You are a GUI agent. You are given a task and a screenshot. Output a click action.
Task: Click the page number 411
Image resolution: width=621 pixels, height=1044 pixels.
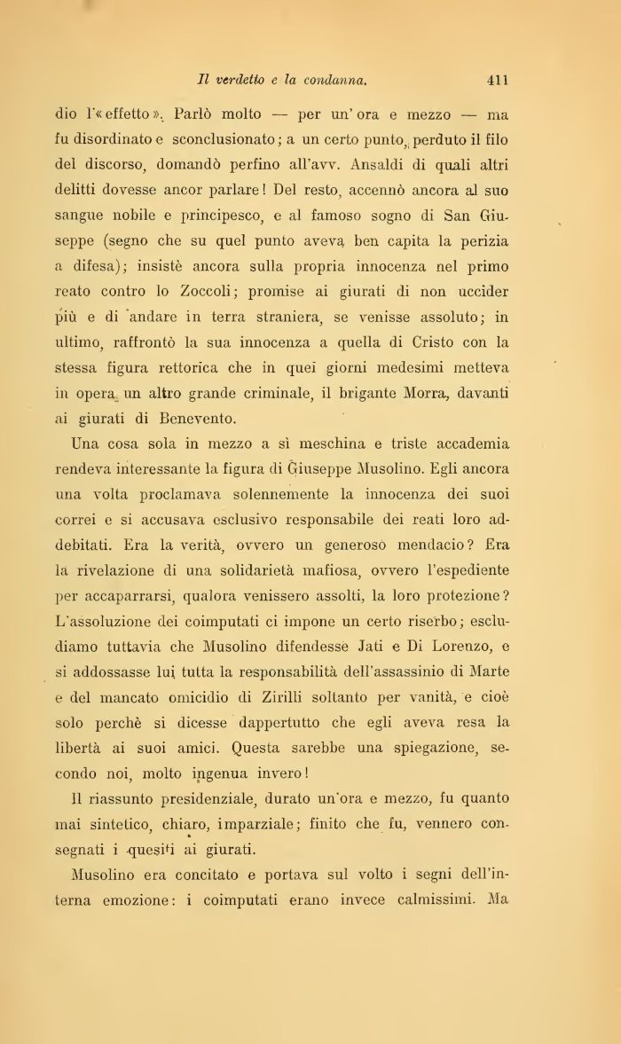[497, 80]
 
